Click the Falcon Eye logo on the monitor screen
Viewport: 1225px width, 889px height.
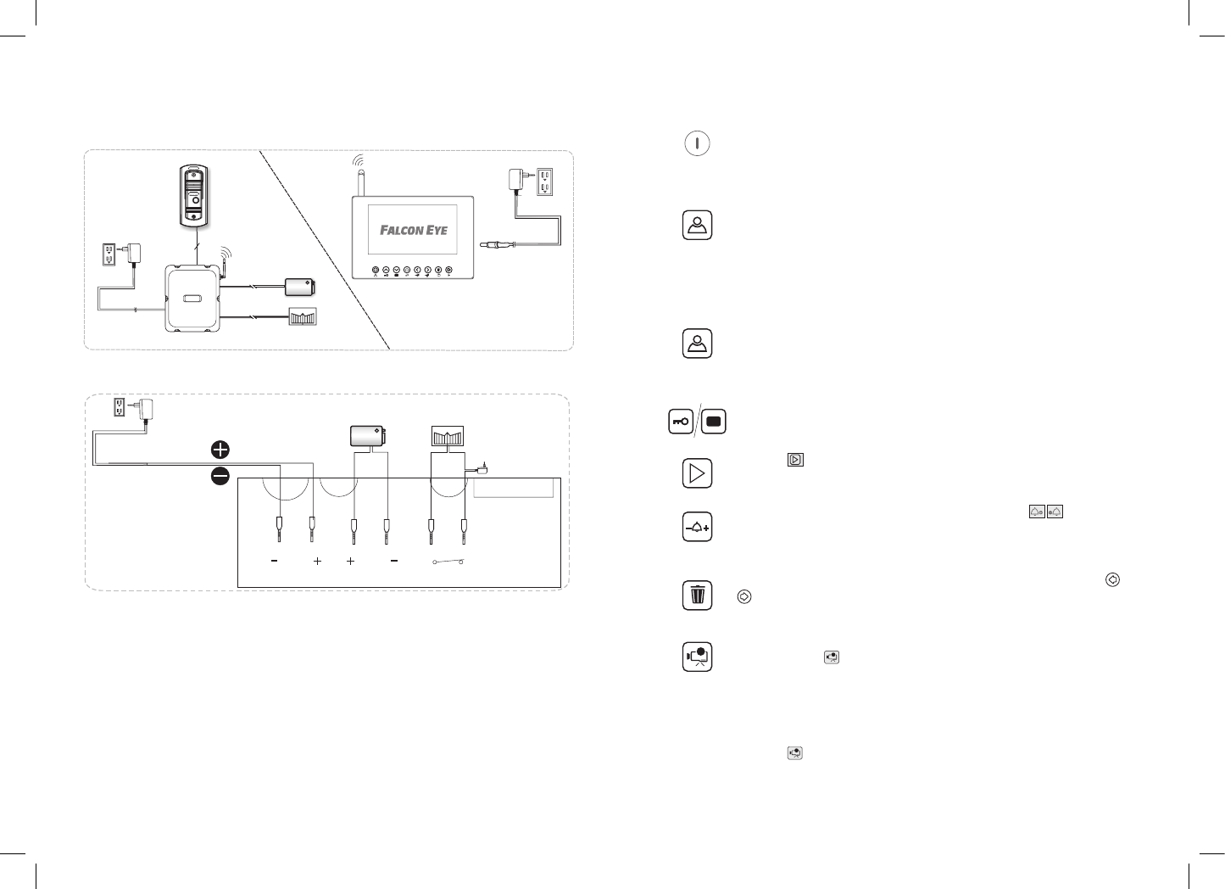(413, 230)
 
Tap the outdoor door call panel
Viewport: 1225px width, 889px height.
(193, 196)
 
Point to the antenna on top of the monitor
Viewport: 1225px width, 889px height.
(359, 180)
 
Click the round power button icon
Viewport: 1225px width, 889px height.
(697, 143)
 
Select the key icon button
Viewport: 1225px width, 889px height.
(681, 422)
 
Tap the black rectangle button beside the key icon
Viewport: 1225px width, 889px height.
(713, 422)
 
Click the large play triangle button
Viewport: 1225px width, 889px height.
(697, 473)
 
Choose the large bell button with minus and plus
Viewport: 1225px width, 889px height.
(697, 528)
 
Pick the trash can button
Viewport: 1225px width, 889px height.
(697, 595)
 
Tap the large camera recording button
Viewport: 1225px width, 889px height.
(697, 657)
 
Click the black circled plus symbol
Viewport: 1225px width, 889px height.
(220, 450)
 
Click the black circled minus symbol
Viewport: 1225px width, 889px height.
(220, 477)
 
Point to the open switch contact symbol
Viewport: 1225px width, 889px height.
(447, 562)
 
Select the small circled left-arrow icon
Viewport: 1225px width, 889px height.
(1113, 579)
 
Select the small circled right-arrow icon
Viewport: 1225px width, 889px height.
(743, 596)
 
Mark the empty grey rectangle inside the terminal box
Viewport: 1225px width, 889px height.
(513, 488)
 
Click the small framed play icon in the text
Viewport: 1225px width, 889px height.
(795, 460)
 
